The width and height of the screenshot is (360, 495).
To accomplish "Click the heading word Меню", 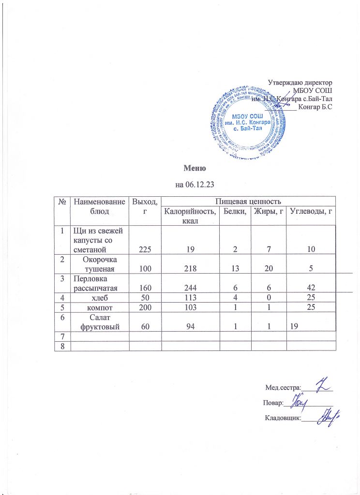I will pos(195,169).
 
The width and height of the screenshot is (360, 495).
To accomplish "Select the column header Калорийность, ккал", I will pos(188,215).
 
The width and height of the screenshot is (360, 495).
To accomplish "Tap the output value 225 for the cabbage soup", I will pos(144,249).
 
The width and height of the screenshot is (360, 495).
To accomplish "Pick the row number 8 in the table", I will pos(62,345).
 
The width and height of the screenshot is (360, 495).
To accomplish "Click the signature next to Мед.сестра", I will pos(322,386).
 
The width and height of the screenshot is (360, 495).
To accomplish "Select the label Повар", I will pos(273,403).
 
